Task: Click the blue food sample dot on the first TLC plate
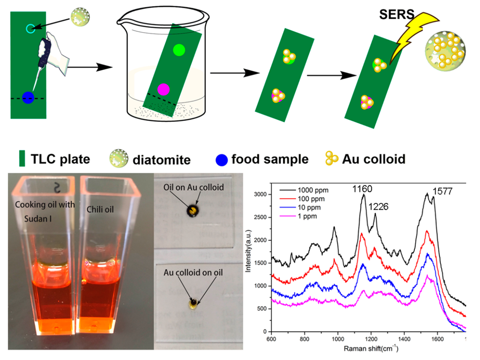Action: (x=28, y=98)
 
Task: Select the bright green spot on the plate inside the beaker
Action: (x=179, y=50)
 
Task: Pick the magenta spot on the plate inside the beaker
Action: (x=163, y=89)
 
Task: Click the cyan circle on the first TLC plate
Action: (x=30, y=29)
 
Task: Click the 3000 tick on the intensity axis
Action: (x=261, y=194)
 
